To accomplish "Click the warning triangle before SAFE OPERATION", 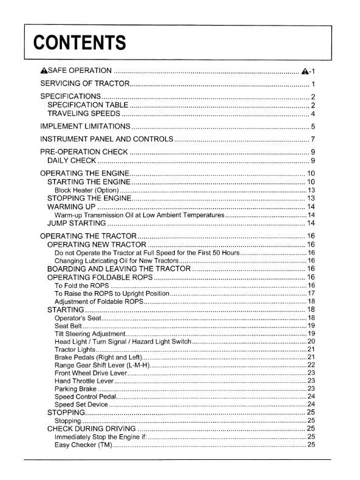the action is tap(44, 71).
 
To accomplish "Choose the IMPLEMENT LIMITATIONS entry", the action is tap(85, 127).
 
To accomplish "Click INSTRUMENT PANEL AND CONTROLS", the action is tap(106, 140).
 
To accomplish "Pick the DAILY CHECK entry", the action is tap(72, 161).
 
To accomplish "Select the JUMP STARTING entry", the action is tap(77, 224).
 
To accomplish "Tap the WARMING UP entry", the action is tap(70, 207).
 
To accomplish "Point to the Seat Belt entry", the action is tap(68, 326).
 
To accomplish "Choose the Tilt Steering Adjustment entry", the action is tap(90, 334).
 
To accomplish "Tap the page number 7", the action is tap(313, 140).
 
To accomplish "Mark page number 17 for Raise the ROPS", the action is tap(311, 293).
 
